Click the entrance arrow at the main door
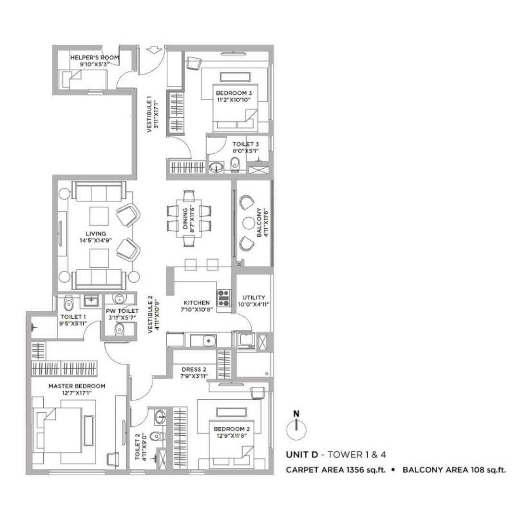coord(153,49)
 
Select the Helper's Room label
coord(94,58)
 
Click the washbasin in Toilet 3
coord(216,167)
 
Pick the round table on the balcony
coord(248,223)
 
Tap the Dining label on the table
coord(185,219)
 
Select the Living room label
coord(96,234)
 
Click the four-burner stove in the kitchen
coord(224,297)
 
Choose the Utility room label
coord(254,297)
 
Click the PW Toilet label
coord(122,311)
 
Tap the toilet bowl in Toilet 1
coord(69,303)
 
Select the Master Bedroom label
coord(77,386)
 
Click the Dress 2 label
coord(194,370)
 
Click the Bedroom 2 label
coord(232,429)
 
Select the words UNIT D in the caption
coord(301,455)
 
